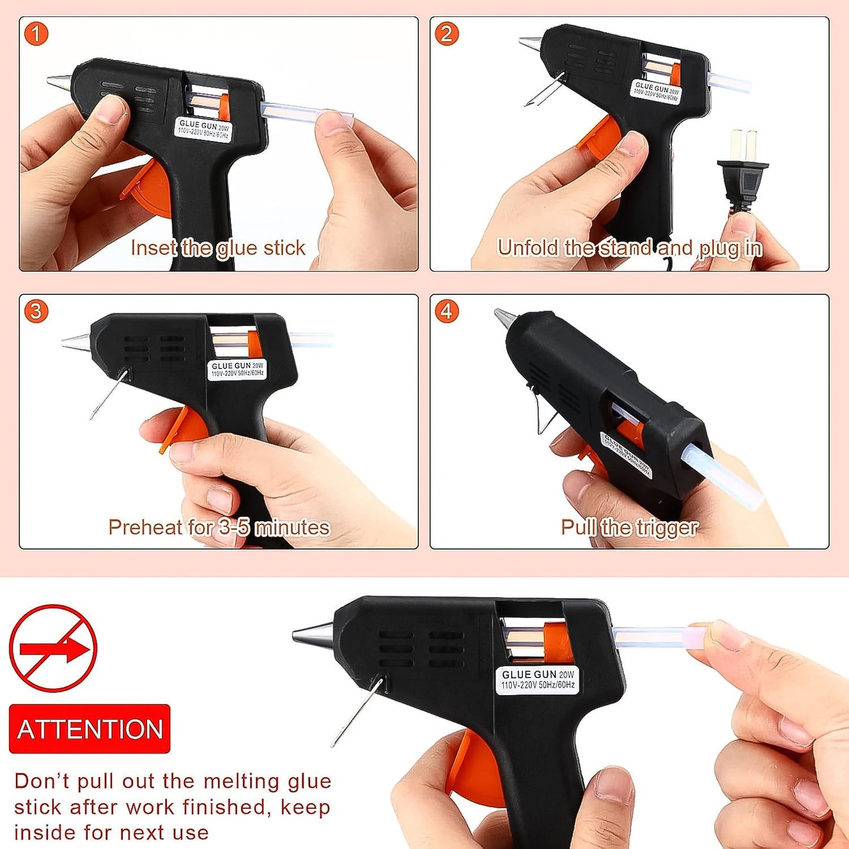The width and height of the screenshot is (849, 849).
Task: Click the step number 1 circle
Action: coord(36,34)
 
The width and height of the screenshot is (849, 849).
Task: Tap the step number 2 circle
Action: coord(447,34)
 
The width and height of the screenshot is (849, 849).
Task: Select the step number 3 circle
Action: coord(36,311)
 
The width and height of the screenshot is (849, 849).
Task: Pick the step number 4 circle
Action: coord(447,311)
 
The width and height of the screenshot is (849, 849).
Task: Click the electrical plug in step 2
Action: coord(741,170)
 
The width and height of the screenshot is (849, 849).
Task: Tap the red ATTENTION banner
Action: coord(89,729)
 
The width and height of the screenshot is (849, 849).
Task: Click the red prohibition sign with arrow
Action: coord(53,648)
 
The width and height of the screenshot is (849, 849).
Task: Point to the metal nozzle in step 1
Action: coord(59,82)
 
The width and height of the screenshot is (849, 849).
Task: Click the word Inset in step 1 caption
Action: coord(153,248)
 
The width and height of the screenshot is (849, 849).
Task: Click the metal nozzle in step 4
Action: coord(504,318)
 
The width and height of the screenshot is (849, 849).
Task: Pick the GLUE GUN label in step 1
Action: coord(203,129)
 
